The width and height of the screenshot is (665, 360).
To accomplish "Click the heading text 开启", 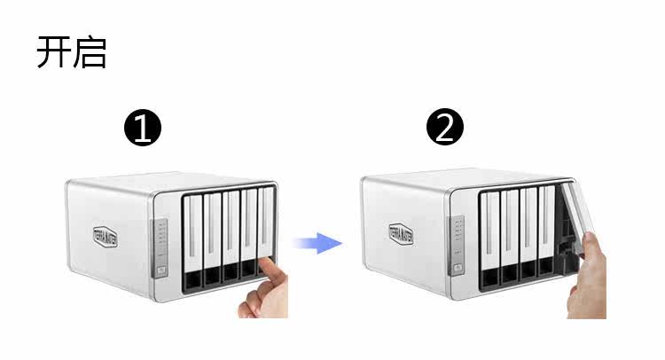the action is click(x=71, y=52).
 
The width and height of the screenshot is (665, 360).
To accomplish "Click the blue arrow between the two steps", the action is click(x=317, y=241).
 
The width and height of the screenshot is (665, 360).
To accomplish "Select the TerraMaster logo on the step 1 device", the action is click(x=108, y=235).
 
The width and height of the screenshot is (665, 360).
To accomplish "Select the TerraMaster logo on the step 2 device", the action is click(x=403, y=235).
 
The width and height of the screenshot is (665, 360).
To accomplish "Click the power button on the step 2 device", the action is click(x=457, y=268).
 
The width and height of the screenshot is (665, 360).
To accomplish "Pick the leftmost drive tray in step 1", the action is click(x=192, y=239).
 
